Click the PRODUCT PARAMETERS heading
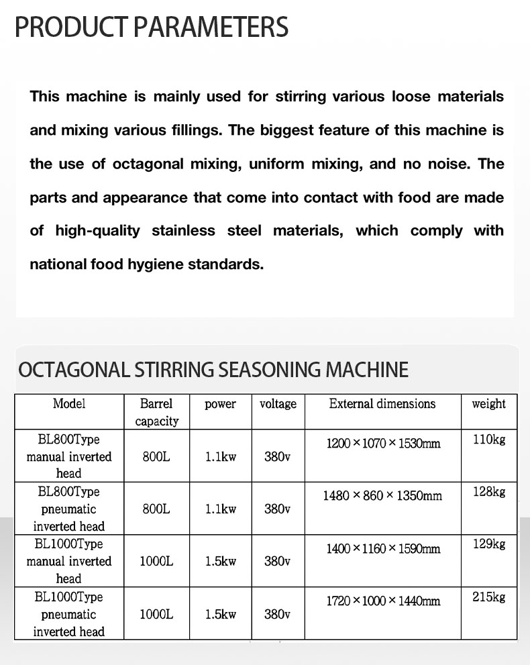click(x=152, y=28)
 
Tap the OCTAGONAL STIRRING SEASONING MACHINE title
click(x=213, y=370)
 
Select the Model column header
click(x=69, y=404)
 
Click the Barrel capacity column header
click(x=156, y=412)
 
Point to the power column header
click(x=220, y=404)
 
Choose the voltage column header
click(x=278, y=404)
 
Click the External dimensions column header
click(x=382, y=404)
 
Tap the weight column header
click(x=488, y=404)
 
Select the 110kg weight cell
click(x=488, y=440)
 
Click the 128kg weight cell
click(x=488, y=492)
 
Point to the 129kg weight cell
click(x=488, y=544)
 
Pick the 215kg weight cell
click(x=488, y=597)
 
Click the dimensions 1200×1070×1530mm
click(x=383, y=444)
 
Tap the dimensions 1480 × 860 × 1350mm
click(x=382, y=496)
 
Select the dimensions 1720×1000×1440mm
click(x=383, y=601)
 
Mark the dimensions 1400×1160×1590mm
click(x=383, y=549)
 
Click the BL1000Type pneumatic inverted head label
click(x=69, y=614)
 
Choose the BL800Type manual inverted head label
click(x=69, y=456)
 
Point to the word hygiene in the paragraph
click(x=157, y=264)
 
